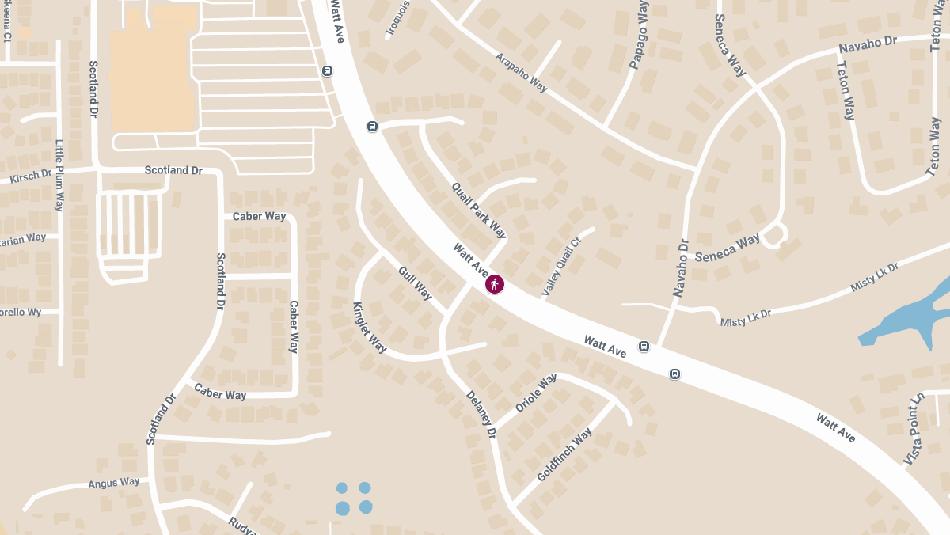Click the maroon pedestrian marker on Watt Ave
[x=495, y=284]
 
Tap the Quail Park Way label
[x=478, y=210]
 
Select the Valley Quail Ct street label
[x=561, y=267]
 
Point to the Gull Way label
[x=416, y=283]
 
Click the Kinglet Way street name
[x=370, y=328]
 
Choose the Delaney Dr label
[x=481, y=415]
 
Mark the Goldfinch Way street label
[x=564, y=455]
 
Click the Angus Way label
[x=114, y=483]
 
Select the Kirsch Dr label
[x=31, y=176]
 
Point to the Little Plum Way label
[x=59, y=175]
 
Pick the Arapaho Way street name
[x=522, y=73]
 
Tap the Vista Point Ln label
[x=914, y=428]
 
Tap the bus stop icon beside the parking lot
[x=327, y=71]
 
